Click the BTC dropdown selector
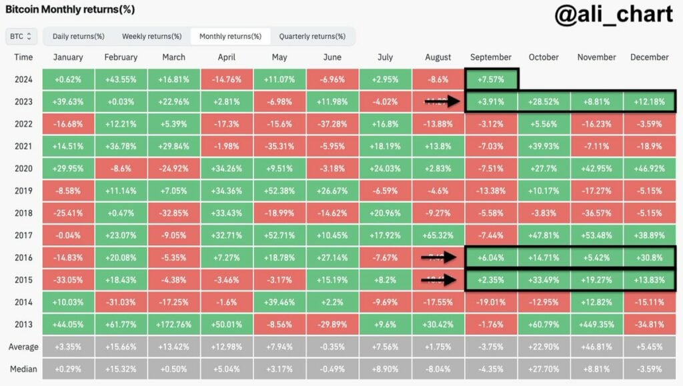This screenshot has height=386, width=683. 21,36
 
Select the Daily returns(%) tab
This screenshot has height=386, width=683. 78,36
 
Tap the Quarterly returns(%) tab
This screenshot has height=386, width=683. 311,36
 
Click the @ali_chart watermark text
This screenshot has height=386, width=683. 613,16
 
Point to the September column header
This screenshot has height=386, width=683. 490,57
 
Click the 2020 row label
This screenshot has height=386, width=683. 23,169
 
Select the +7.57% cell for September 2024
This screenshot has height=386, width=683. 492,80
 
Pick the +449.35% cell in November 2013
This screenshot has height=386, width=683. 596,325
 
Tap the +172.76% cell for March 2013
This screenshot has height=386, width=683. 173,325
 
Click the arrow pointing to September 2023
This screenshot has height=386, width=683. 443,102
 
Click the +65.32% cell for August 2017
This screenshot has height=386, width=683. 438,235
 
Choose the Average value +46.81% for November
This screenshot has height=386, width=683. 596,347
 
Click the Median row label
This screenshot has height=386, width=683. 23,369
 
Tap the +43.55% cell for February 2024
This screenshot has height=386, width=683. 120,80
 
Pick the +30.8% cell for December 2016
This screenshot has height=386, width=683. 649,258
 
